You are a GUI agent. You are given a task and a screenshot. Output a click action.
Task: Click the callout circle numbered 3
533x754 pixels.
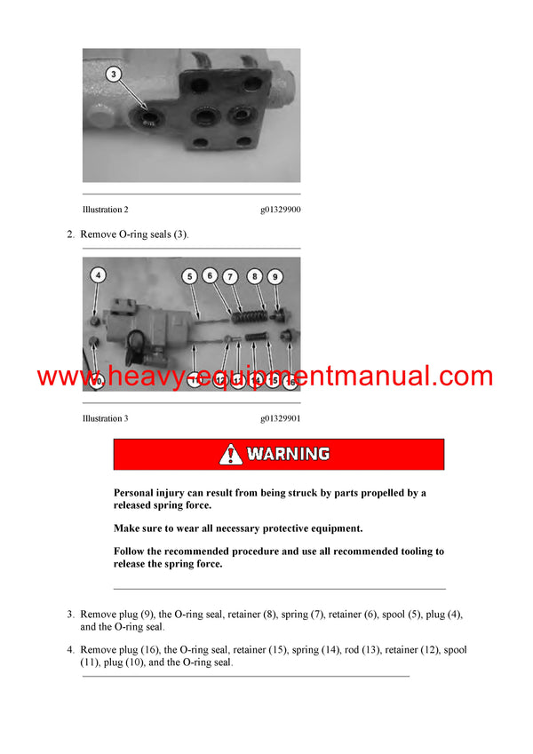[x=112, y=74]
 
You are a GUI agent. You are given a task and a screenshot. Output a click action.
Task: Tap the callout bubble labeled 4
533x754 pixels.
[x=98, y=275]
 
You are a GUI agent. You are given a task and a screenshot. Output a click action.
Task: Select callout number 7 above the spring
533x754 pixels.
[x=230, y=277]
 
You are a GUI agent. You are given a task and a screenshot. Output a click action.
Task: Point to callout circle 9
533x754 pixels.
[x=275, y=277]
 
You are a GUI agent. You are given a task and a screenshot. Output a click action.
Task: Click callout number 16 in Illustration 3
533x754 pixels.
[x=290, y=381]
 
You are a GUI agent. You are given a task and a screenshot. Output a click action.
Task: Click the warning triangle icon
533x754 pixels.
[x=230, y=455]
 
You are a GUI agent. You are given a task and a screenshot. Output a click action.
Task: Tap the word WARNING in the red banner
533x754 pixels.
[x=289, y=455]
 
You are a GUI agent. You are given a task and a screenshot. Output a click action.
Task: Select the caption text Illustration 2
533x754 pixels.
[x=105, y=210]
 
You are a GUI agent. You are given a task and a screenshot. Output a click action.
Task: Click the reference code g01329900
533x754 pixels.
[x=280, y=210]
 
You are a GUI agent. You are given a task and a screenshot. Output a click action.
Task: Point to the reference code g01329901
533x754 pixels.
[x=280, y=418]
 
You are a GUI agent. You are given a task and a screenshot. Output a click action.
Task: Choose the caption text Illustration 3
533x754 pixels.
[x=105, y=418]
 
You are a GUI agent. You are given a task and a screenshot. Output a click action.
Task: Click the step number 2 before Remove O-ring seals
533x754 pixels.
[x=70, y=234]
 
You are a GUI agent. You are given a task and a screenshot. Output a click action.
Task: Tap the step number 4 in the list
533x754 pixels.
[x=70, y=650]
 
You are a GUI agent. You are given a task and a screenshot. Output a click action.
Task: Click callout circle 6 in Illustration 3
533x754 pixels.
[x=210, y=276]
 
